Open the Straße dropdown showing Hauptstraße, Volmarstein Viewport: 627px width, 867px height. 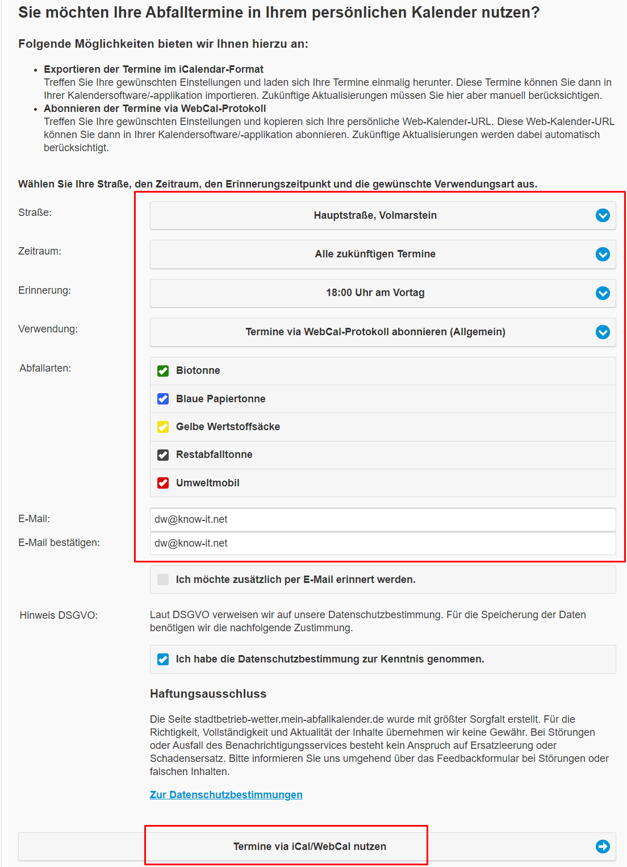pos(382,215)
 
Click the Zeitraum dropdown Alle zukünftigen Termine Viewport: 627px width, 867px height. pos(382,254)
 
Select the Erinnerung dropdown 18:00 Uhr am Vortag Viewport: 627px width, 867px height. pos(382,293)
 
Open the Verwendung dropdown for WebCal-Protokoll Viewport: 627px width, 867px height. pos(382,332)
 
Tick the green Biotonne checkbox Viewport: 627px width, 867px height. pos(163,371)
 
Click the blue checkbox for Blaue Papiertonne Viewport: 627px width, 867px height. pos(163,399)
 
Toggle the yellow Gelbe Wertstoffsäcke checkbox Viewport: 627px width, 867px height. pos(163,427)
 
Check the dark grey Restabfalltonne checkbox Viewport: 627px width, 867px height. pos(163,455)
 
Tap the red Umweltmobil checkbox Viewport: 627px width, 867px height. pos(163,483)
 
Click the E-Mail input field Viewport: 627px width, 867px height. pos(382,519)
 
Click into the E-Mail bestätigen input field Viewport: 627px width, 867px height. pos(382,543)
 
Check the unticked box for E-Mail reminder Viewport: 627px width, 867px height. pos(163,580)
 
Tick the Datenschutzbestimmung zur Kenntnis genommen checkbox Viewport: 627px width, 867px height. pos(163,659)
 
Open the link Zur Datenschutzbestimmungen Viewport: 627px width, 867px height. pos(226,795)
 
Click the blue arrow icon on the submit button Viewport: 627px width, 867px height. pos(603,847)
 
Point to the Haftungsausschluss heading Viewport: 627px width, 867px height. pos(208,694)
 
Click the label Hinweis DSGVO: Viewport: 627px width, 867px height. pos(58,615)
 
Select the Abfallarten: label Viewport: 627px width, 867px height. pos(45,368)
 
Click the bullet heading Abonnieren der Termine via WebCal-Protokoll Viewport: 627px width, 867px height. pos(154,109)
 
